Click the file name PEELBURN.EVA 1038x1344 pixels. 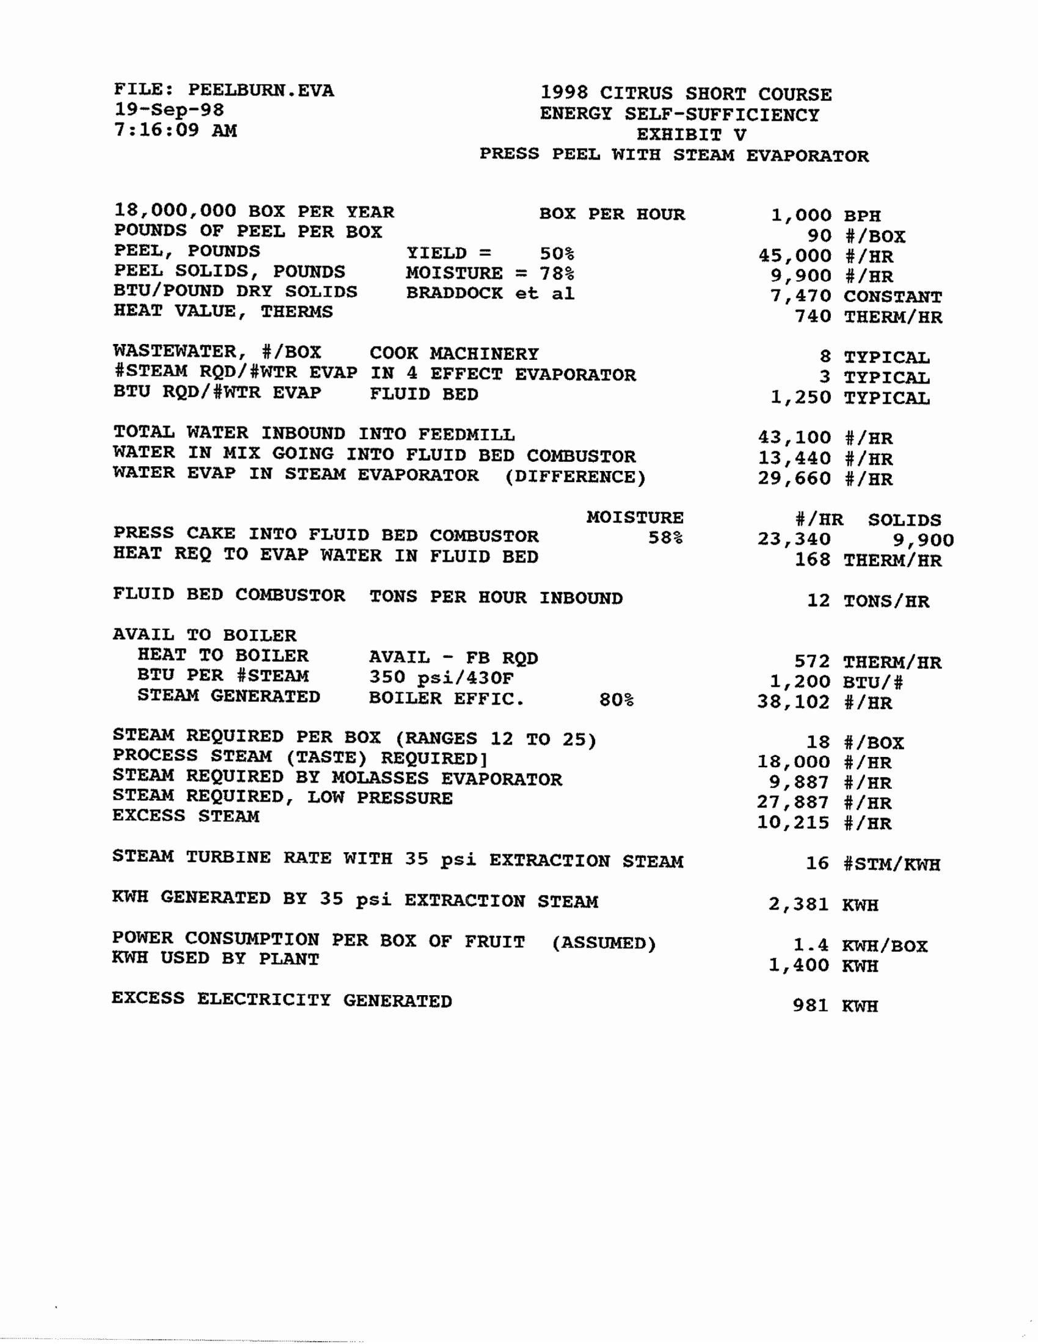(x=261, y=90)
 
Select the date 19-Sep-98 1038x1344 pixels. (x=169, y=110)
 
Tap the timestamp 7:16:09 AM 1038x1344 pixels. (x=175, y=131)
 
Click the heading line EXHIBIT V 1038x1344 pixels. (x=691, y=135)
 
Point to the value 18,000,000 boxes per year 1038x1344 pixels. (x=175, y=211)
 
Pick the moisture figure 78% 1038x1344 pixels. (x=557, y=273)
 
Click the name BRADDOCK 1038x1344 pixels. (x=454, y=293)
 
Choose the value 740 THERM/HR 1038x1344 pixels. (x=868, y=317)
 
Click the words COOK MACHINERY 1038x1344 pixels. (x=454, y=354)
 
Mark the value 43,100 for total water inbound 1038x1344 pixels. (x=794, y=437)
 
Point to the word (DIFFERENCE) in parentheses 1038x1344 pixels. (x=576, y=478)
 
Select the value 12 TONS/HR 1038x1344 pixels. (x=868, y=601)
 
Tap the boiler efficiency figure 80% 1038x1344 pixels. (x=616, y=699)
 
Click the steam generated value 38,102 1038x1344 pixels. (x=794, y=702)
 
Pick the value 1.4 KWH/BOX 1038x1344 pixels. (x=860, y=945)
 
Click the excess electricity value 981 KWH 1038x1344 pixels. (x=835, y=1006)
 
